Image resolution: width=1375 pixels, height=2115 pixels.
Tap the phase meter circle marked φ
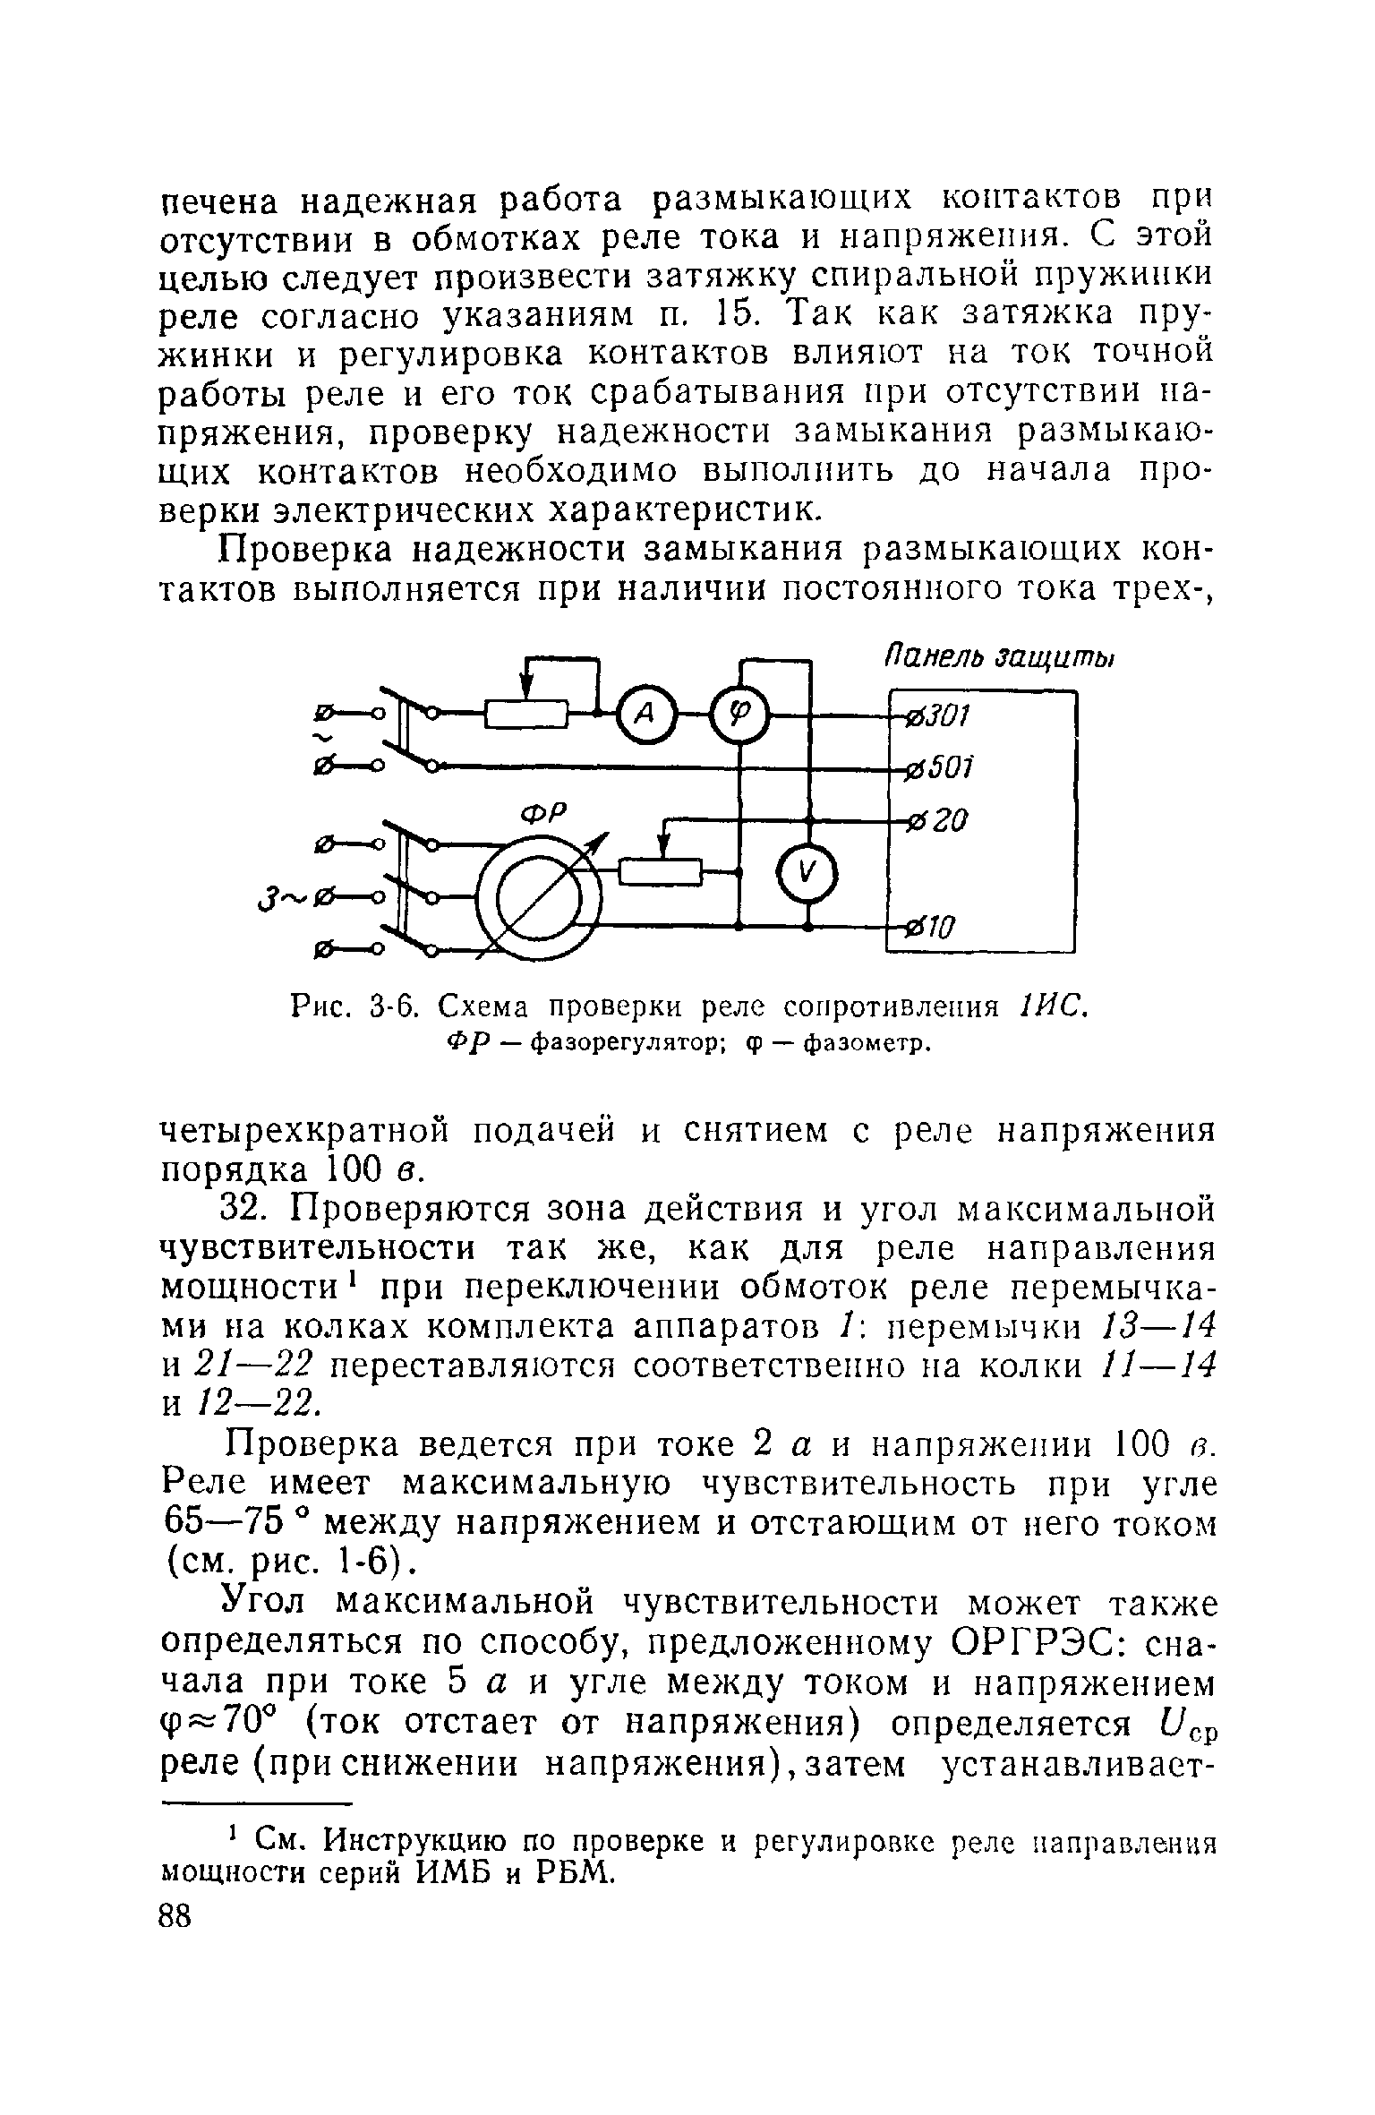(x=740, y=714)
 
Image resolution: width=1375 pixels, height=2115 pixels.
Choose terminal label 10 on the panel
(x=939, y=926)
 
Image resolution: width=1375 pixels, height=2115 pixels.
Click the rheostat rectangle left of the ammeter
(x=527, y=714)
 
